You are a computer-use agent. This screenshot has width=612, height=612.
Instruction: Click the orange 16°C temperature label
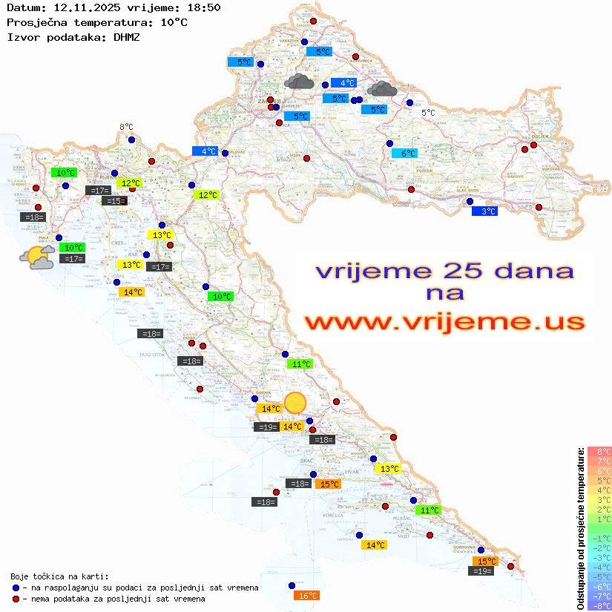point(307,596)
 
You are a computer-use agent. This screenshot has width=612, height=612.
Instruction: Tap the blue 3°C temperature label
point(484,211)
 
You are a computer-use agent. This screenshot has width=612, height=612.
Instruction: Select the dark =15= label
point(114,201)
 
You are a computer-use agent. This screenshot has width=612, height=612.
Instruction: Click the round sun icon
point(295,402)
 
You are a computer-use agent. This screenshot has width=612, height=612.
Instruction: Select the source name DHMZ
point(127,36)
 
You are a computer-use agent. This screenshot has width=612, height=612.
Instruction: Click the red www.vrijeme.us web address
point(444,323)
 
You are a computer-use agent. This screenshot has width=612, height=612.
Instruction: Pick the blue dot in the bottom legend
point(16,588)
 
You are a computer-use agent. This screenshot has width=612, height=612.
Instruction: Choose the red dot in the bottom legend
point(16,599)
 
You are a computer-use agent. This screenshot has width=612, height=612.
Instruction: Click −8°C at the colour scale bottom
point(599,606)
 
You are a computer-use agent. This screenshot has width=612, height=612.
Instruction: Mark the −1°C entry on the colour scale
point(599,539)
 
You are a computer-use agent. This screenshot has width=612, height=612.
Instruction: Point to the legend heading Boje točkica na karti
point(59,576)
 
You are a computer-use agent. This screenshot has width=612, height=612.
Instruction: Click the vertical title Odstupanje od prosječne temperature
point(580,528)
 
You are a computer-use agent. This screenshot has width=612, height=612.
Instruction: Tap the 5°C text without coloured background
point(429,113)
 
